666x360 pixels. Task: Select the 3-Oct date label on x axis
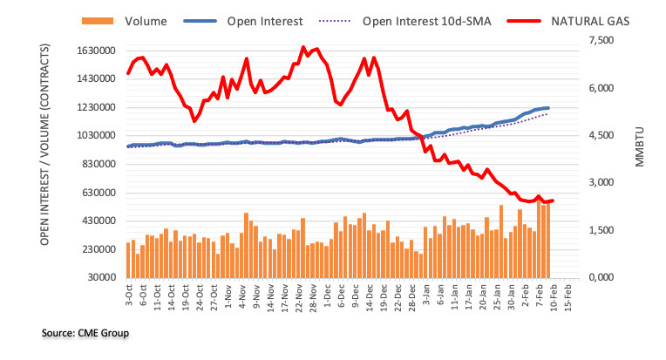click(129, 296)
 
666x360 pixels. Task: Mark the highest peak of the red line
click(302, 47)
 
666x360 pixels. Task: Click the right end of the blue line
click(547, 108)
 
